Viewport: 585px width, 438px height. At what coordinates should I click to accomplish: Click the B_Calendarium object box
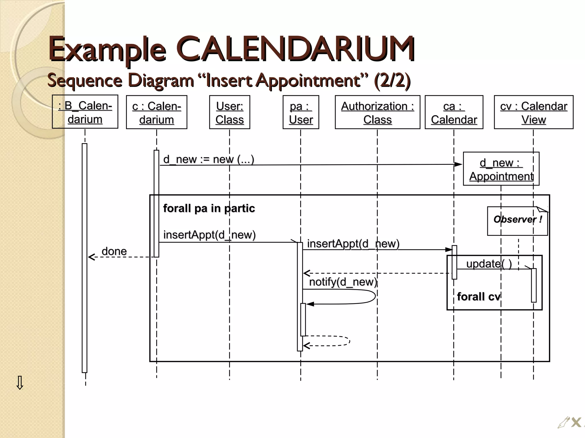85,112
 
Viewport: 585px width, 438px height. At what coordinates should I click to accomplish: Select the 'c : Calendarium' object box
157,112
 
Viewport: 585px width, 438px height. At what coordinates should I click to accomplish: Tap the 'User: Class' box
229,112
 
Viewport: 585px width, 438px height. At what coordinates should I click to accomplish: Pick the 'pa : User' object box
301,112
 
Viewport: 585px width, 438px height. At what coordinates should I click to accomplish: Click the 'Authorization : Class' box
377,112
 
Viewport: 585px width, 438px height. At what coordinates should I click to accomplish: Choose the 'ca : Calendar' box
454,112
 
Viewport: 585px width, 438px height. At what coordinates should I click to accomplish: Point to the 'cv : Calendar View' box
533,112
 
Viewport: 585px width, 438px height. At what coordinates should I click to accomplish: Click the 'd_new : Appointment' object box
501,169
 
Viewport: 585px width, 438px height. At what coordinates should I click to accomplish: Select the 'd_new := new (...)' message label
209,159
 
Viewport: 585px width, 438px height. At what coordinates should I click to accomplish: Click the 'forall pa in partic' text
209,208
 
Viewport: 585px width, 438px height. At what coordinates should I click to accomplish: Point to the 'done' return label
114,251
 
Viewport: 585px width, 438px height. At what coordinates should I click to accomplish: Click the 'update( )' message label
489,264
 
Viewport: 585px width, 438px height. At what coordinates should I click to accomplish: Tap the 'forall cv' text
478,297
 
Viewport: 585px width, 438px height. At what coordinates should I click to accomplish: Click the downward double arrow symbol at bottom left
20,383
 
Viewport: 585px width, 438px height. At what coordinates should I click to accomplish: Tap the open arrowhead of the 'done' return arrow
91,257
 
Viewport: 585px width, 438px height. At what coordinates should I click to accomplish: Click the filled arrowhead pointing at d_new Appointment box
458,164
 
